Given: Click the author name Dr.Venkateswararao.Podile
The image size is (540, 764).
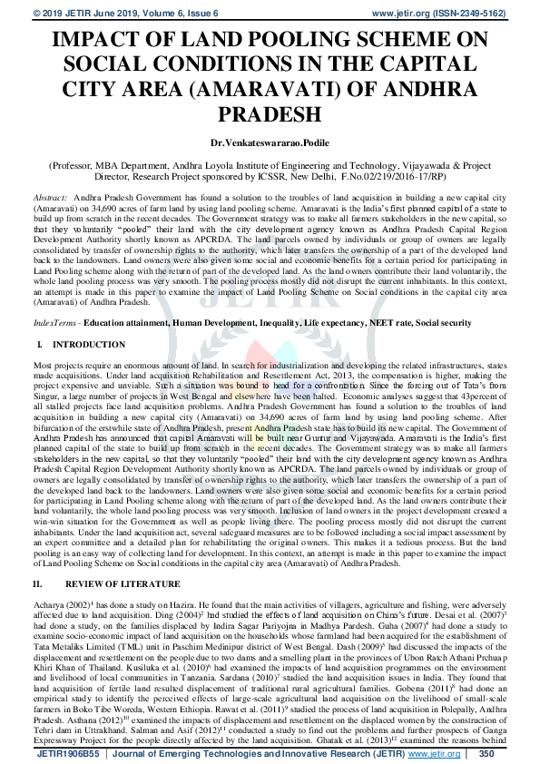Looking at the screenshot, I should click(269, 143).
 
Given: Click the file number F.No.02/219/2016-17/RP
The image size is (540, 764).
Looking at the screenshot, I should click(433, 177).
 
